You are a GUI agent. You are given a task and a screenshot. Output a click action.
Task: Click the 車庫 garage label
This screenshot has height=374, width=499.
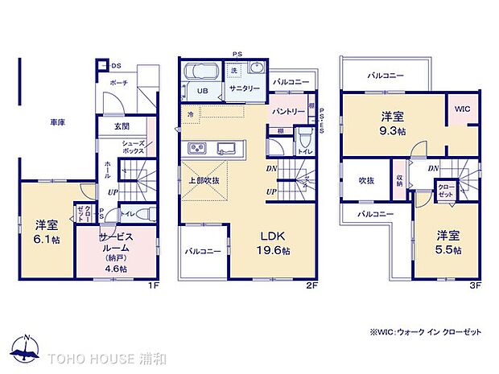click(57, 123)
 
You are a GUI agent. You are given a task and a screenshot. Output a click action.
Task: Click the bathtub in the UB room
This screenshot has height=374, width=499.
click(198, 72)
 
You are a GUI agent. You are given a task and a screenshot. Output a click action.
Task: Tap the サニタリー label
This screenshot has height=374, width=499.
click(244, 88)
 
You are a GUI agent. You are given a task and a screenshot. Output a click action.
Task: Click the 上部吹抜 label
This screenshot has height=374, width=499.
click(206, 181)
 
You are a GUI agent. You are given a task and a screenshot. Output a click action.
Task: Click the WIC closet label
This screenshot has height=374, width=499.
click(462, 109)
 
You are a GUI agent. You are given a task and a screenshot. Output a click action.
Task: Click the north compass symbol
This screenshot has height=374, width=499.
click(26, 348)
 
